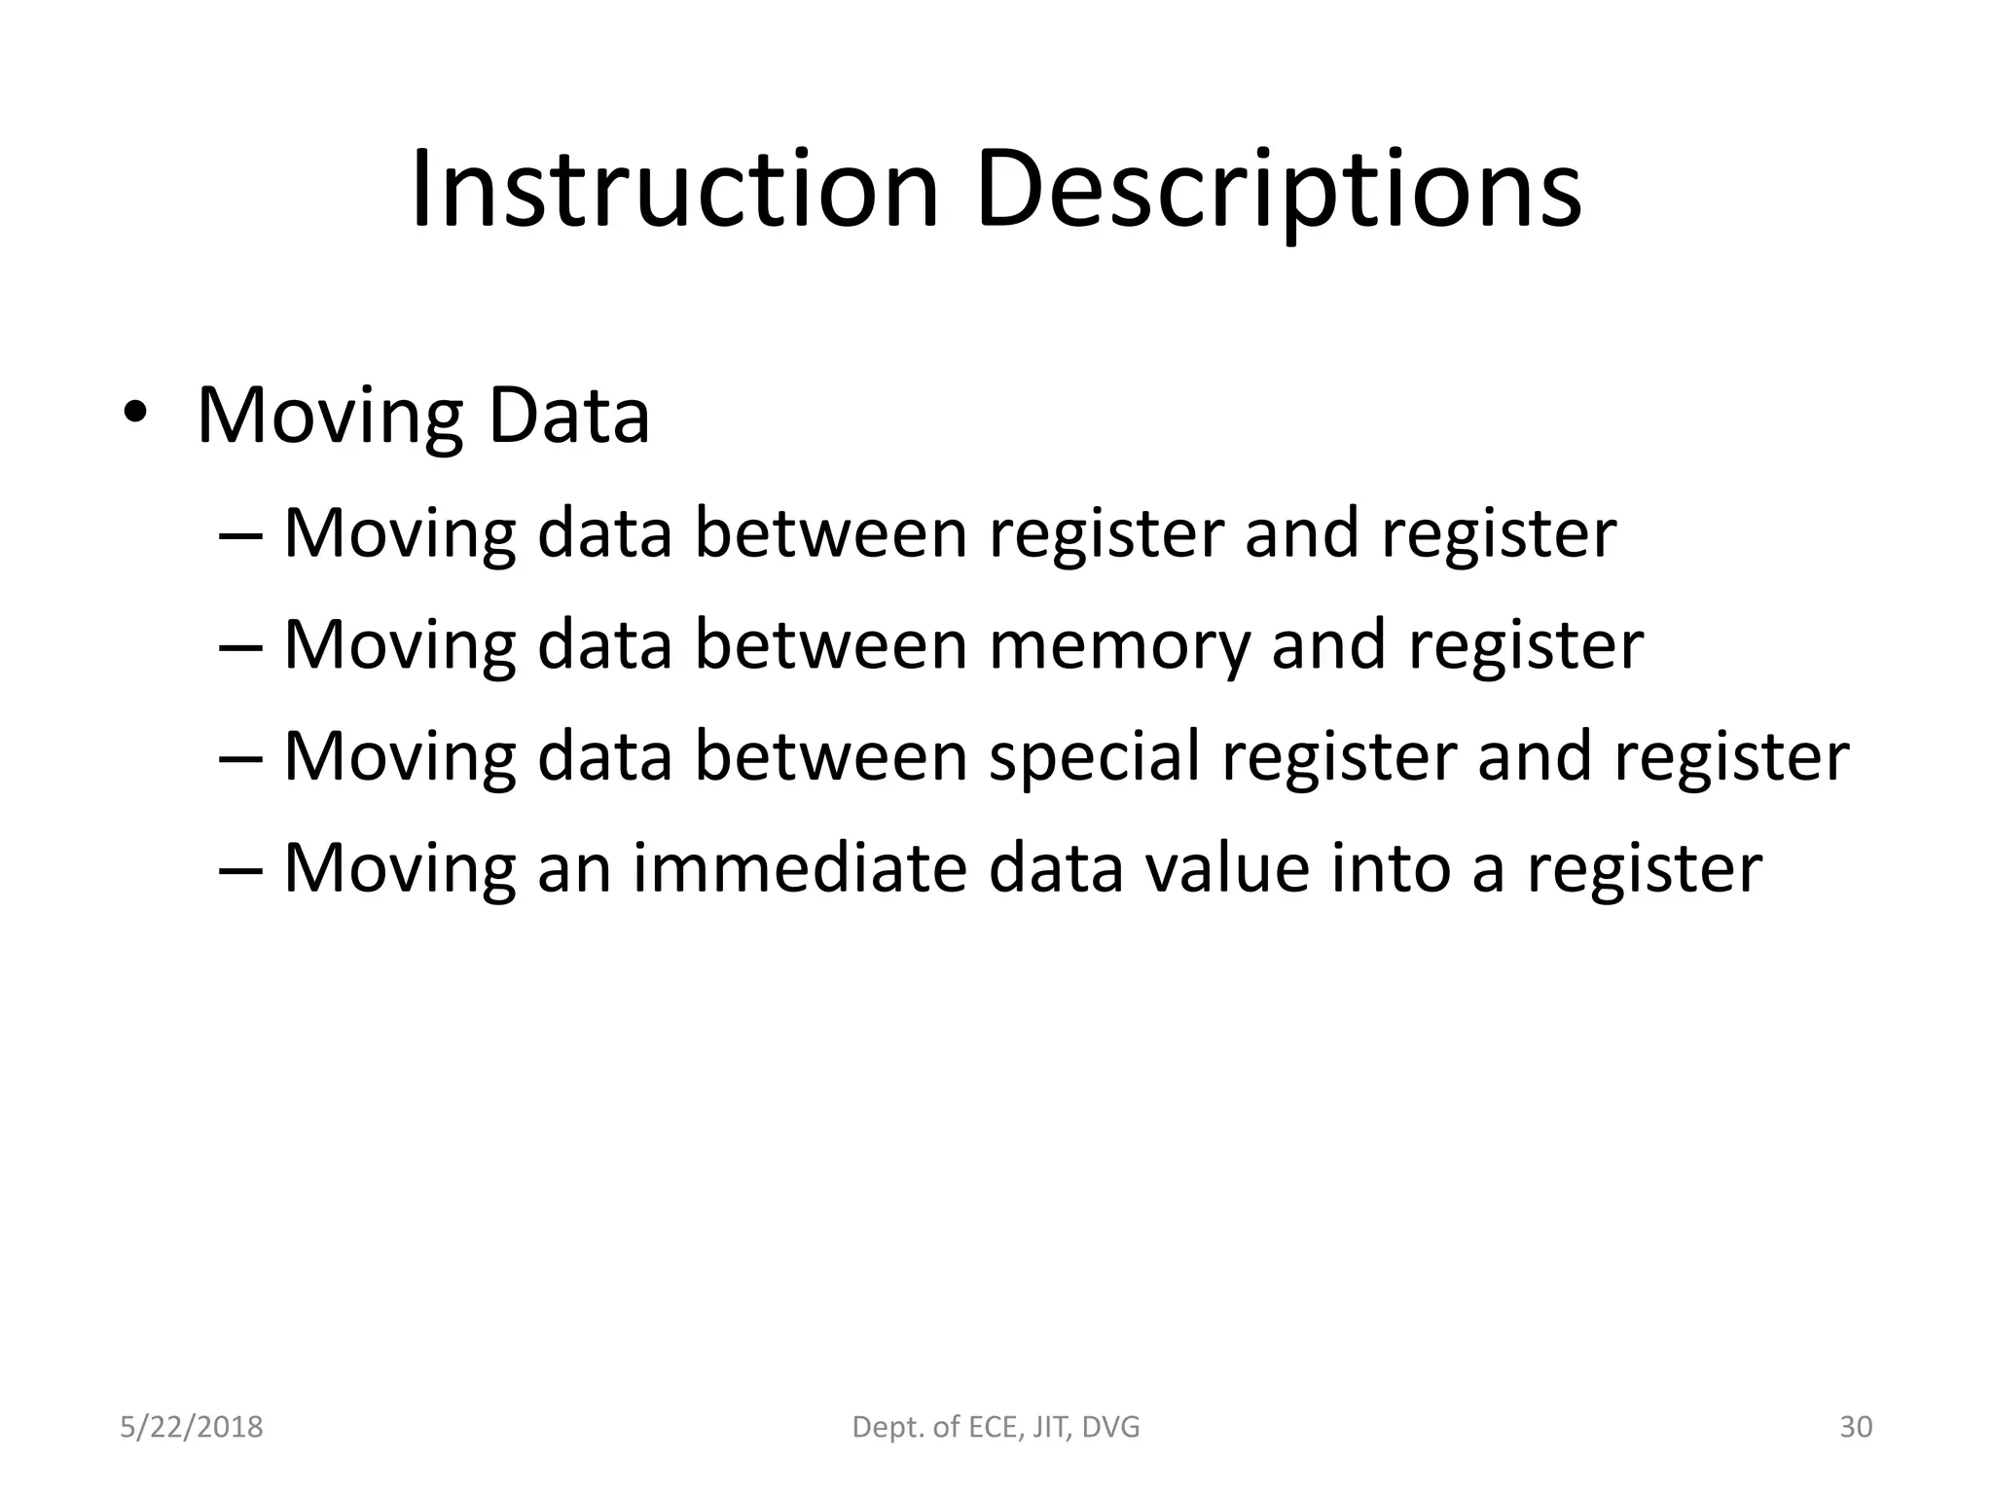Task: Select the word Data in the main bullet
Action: coord(568,417)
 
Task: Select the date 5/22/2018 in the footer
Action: coord(192,1427)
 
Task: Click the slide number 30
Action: coord(1856,1427)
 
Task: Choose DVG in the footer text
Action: coord(1110,1427)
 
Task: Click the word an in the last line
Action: coord(574,869)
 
